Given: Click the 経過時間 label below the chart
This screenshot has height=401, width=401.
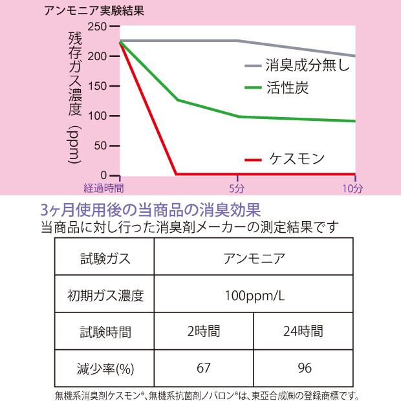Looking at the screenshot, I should tap(103, 188).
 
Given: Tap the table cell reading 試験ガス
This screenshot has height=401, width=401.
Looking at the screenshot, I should tap(105, 259).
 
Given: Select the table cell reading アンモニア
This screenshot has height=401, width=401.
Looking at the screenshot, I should tap(254, 259).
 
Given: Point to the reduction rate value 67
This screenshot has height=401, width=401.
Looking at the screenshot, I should tap(204, 368).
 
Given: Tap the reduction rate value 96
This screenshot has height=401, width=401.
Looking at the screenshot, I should tap(303, 368).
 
